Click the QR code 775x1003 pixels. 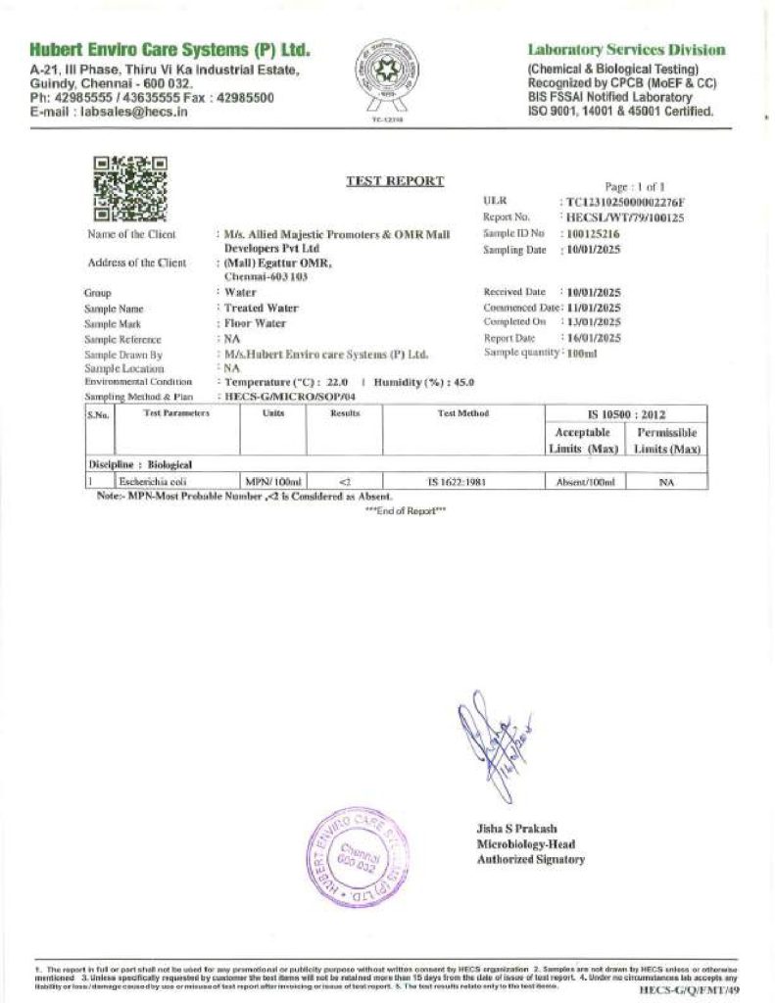pos(129,189)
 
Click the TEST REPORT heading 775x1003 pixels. pos(395,181)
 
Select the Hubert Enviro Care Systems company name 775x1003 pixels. pos(170,49)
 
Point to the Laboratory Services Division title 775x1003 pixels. pos(626,50)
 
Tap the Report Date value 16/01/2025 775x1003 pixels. pos(594,338)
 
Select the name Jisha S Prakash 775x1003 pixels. pos(516,829)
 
